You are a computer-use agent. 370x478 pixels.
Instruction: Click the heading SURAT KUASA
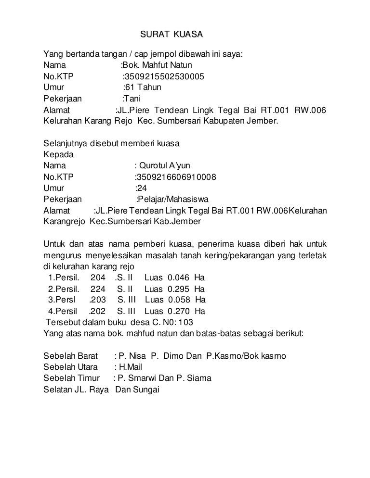click(172, 35)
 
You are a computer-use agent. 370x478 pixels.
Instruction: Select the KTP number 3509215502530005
click(164, 76)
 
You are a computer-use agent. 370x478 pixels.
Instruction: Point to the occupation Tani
click(132, 99)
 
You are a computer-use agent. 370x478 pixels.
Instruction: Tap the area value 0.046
click(178, 278)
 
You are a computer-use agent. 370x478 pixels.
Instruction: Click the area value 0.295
click(178, 289)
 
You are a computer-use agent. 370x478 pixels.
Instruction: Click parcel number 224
click(98, 289)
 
